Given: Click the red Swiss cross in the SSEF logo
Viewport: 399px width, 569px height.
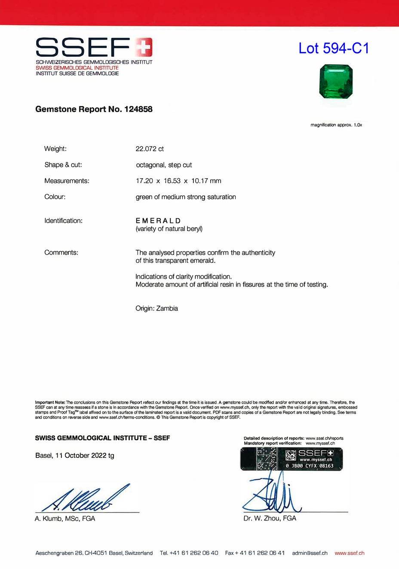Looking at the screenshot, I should click(144, 47).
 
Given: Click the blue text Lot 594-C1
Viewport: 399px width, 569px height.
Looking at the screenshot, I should click(334, 48).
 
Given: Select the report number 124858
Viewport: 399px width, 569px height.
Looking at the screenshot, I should click(138, 109).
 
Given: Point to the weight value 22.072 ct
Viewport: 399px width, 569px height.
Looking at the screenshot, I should click(150, 149).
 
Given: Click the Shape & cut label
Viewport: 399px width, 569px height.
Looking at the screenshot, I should click(63, 165).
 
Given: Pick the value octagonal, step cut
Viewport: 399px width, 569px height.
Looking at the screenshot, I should click(164, 165).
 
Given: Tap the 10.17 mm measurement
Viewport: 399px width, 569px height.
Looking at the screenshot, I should click(206, 181).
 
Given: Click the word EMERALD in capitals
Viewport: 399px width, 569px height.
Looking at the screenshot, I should click(158, 221).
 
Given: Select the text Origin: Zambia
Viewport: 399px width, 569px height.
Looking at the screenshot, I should click(157, 308).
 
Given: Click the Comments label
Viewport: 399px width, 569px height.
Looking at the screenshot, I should click(61, 253).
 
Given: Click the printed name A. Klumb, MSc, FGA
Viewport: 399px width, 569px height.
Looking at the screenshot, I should click(65, 519).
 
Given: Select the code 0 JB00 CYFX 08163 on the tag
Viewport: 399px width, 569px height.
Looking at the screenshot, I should click(309, 466).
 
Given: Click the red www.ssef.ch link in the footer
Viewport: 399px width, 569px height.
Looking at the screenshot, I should click(349, 553).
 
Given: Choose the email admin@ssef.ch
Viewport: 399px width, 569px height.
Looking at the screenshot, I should click(310, 553).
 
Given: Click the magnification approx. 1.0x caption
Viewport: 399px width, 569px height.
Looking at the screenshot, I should click(336, 125).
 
